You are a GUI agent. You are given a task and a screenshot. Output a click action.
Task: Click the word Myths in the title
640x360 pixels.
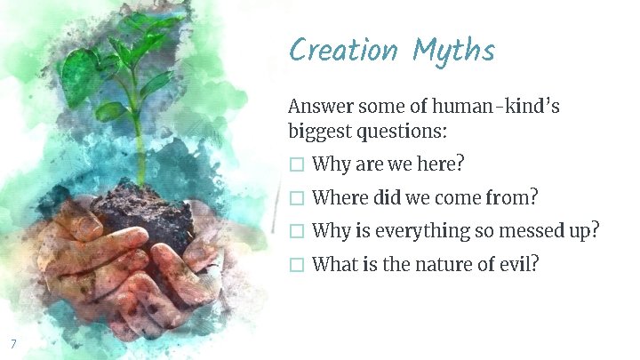pos(452,51)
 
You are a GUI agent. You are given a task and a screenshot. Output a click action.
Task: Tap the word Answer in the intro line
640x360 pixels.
pos(319,107)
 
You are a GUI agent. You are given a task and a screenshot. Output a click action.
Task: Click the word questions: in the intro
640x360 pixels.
pos(399,132)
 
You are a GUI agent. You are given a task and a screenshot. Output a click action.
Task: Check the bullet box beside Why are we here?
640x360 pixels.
pos(297,165)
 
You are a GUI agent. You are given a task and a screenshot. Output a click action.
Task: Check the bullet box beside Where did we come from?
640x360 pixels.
pos(297,198)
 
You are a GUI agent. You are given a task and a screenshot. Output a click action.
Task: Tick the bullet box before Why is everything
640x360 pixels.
pos(297,231)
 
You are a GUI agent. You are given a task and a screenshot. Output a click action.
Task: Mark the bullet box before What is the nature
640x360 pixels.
pos(297,264)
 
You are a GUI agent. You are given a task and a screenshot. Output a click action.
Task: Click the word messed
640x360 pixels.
pos(530,230)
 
